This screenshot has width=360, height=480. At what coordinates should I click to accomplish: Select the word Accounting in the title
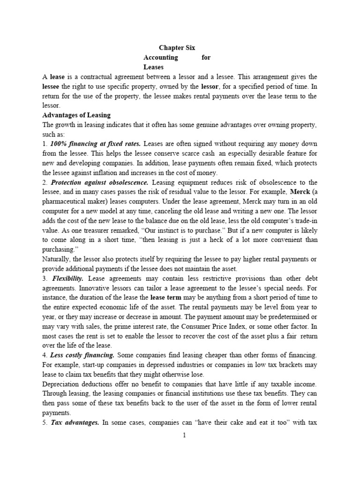click(x=160, y=57)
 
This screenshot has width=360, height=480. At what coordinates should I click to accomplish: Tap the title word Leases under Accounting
click(x=152, y=67)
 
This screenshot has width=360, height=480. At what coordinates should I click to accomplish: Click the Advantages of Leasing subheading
click(x=76, y=115)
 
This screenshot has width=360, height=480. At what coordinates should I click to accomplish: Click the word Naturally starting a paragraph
click(x=57, y=259)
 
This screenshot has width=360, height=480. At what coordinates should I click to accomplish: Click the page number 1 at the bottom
click(x=184, y=435)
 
